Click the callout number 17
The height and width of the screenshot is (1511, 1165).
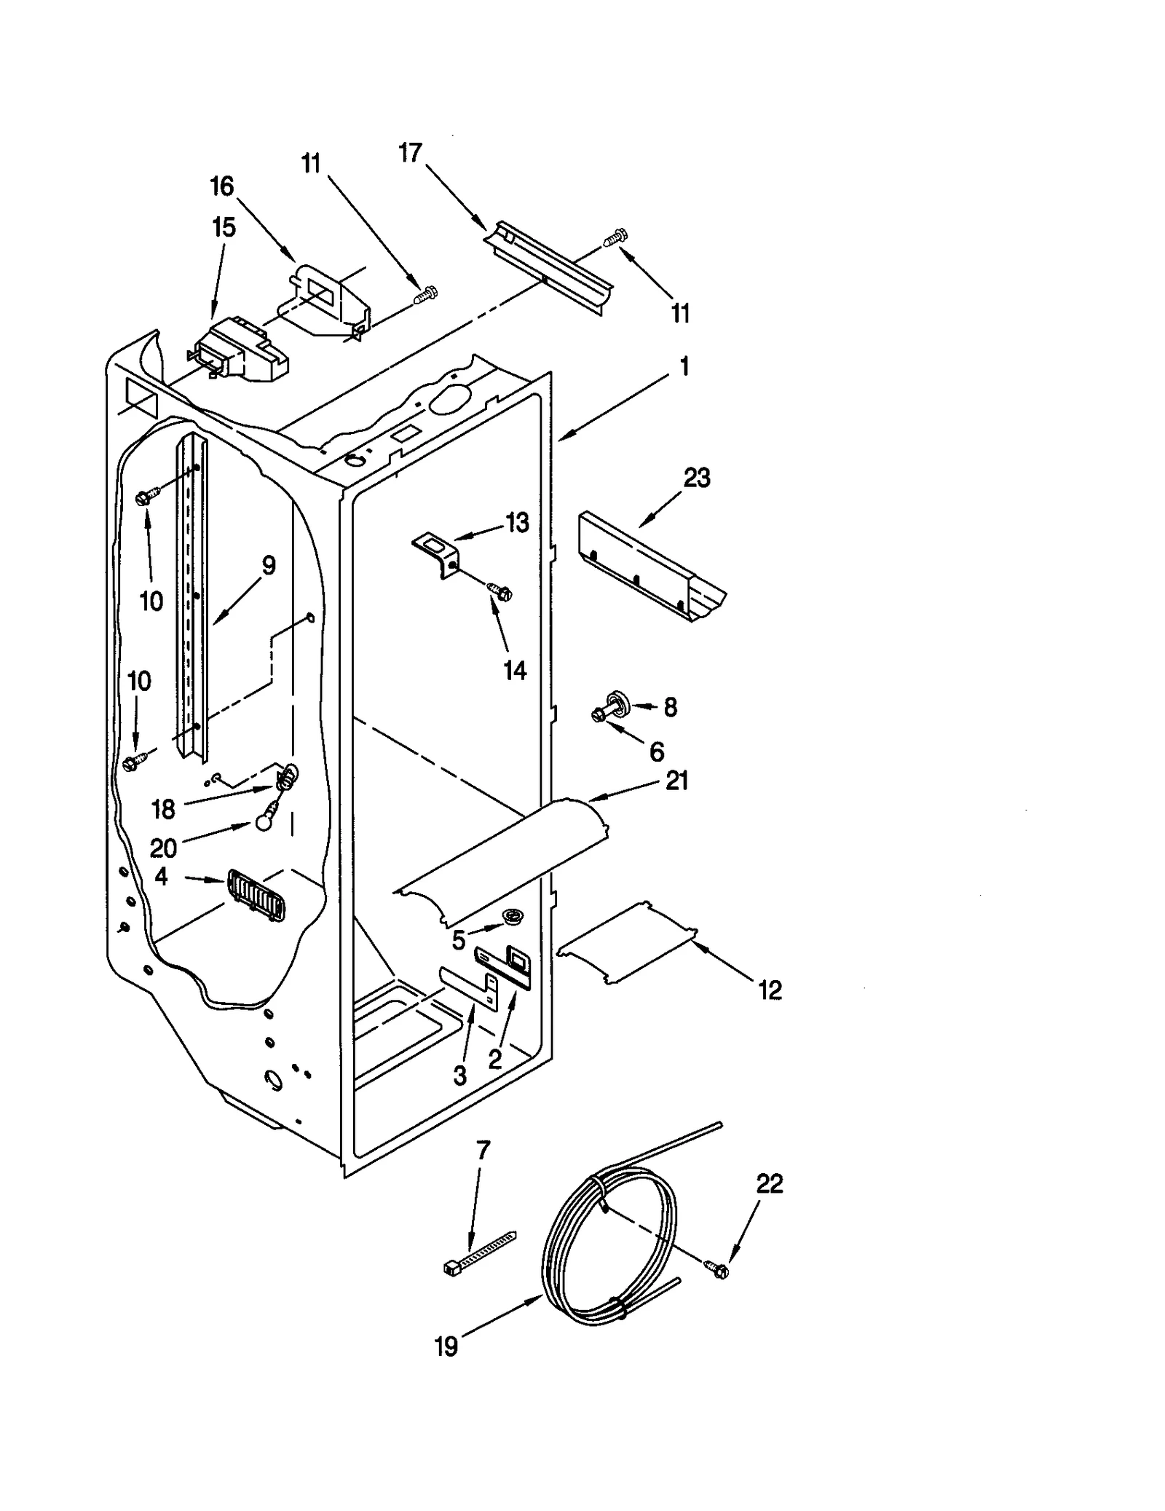click(411, 153)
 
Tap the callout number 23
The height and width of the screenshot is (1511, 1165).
click(697, 478)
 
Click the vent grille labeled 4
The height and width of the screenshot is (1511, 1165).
click(256, 895)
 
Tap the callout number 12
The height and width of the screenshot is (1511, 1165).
click(770, 990)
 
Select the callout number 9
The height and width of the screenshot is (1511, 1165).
click(269, 565)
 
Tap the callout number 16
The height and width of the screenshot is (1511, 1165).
click(222, 186)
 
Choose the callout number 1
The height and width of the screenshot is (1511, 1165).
click(684, 366)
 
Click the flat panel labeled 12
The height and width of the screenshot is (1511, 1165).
click(628, 944)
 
